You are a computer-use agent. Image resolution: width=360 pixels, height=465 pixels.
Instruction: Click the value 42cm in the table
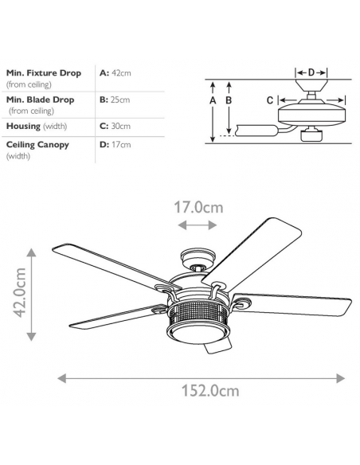pos(121,73)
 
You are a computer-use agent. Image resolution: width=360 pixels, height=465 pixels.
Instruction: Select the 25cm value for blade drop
pos(120,100)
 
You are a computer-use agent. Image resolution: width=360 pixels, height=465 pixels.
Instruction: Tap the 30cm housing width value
pos(121,126)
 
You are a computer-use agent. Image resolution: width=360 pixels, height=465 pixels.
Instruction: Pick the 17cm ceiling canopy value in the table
pos(121,145)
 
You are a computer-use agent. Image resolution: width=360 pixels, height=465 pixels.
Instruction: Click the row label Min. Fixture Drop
pos(44,73)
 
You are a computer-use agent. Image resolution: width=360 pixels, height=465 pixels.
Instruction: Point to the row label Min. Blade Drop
pos(40,100)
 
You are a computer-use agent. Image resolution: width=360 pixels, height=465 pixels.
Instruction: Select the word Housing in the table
pos(23,126)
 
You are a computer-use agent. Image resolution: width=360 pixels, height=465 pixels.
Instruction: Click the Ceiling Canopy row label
pos(37,145)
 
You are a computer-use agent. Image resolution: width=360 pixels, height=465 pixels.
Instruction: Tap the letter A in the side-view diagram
pos(213,100)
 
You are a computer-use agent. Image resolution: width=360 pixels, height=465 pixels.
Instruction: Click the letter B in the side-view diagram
pos(229,100)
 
